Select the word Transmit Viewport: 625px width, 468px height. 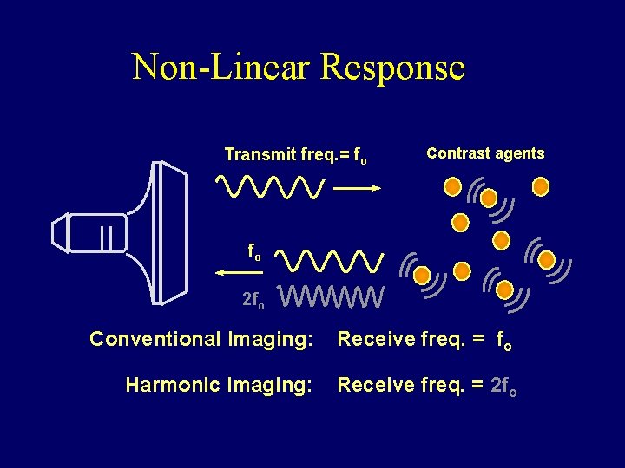[260, 155]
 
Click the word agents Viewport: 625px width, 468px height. [519, 153]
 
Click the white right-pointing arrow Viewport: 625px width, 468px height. [357, 186]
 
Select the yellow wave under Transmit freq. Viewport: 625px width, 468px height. [270, 185]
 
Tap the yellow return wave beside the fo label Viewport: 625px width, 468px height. [333, 259]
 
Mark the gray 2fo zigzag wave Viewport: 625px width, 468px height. [333, 297]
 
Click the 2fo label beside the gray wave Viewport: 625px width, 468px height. [253, 300]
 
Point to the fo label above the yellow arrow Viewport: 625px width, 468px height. [253, 252]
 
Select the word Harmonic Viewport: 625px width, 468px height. [172, 383]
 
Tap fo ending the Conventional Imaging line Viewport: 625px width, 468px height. [504, 341]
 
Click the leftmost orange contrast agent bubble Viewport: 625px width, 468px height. [422, 276]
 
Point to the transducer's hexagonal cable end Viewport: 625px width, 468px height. [60, 233]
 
